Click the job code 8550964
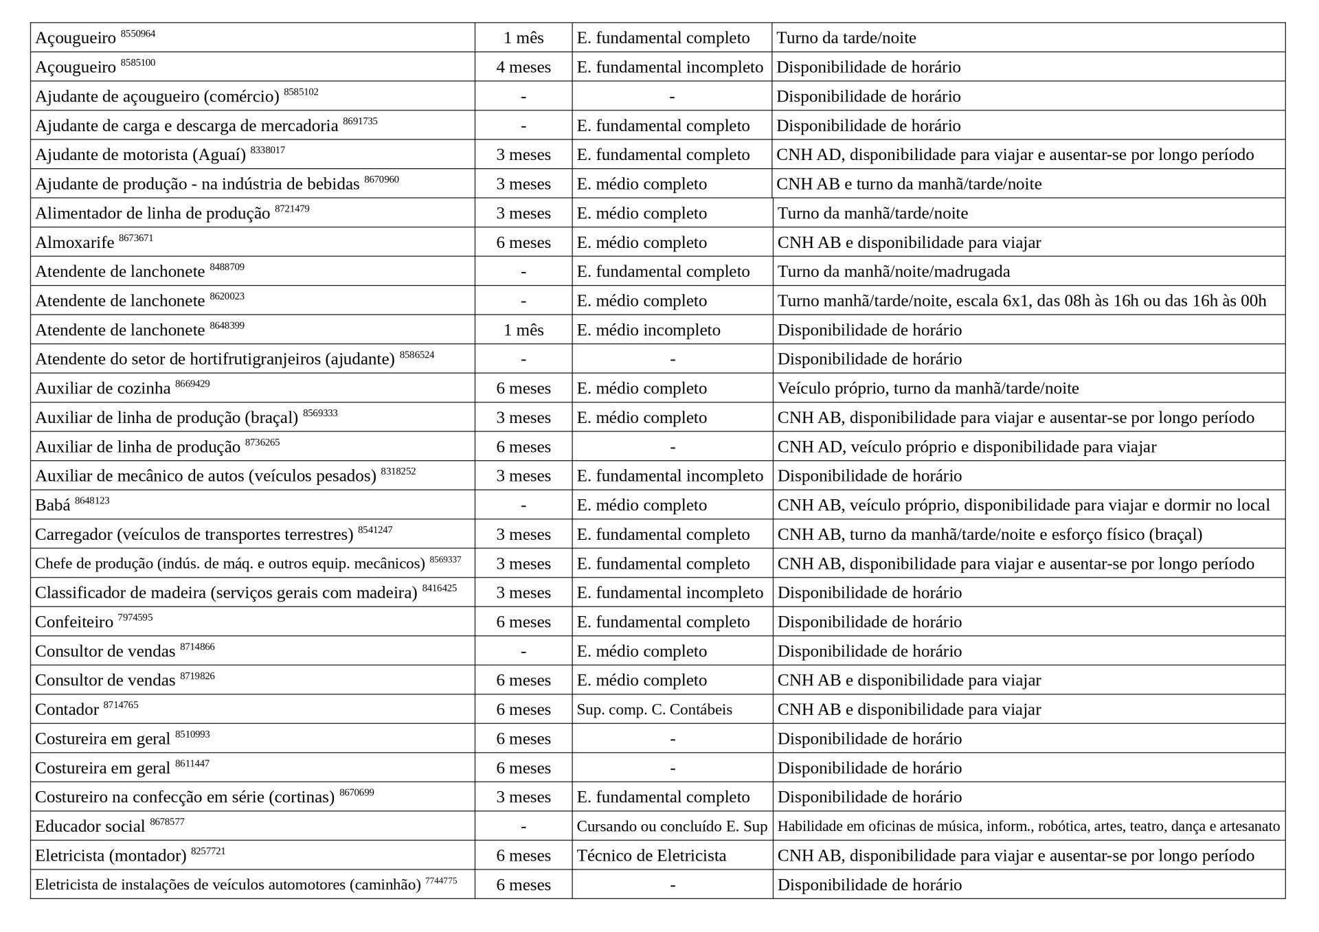click(x=137, y=34)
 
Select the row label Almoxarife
click(x=74, y=243)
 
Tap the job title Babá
click(x=52, y=506)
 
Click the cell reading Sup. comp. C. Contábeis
click(x=654, y=709)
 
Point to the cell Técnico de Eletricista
click(x=651, y=856)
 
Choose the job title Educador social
click(x=90, y=827)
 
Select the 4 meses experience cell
click(x=523, y=67)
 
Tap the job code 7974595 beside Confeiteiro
click(x=135, y=617)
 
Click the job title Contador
click(x=67, y=710)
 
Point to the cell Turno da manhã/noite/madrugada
click(x=893, y=272)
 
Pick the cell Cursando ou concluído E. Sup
click(x=671, y=826)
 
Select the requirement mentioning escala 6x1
click(x=1021, y=301)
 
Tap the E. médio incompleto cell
click(x=648, y=330)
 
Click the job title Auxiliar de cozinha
click(x=102, y=389)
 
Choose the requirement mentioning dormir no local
click(x=1023, y=505)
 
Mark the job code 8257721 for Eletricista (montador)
click(x=207, y=852)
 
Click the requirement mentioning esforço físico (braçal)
click(x=989, y=534)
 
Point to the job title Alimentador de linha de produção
click(x=152, y=214)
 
